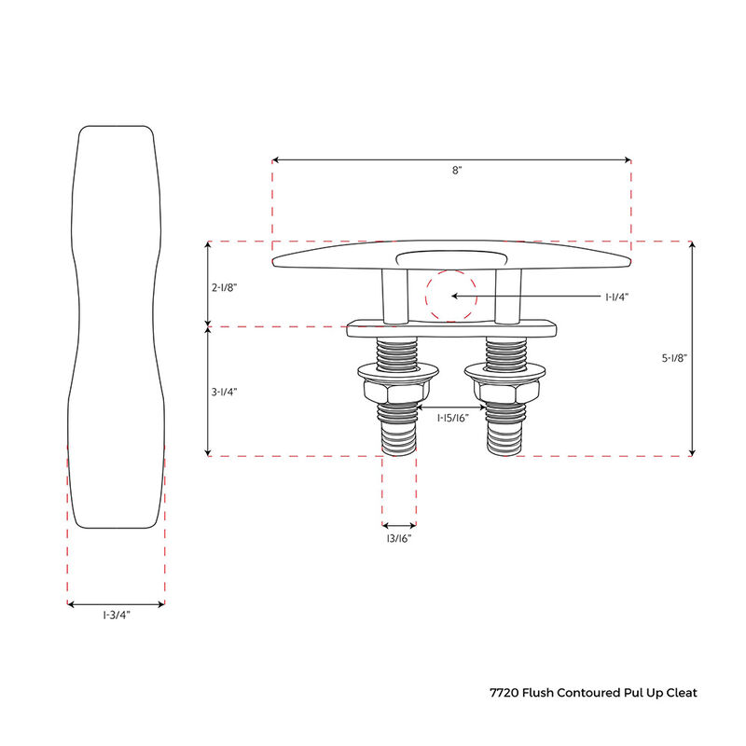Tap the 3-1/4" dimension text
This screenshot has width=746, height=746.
point(224,393)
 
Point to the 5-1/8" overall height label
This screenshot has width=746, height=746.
point(674,357)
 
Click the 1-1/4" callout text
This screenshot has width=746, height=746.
point(617,297)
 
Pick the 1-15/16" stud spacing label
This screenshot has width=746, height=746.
point(452,420)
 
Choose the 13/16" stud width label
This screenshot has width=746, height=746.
point(398,539)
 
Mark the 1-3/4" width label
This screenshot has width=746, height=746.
point(117,615)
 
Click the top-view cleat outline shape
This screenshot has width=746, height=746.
point(117,326)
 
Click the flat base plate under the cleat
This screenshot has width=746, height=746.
point(451,329)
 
